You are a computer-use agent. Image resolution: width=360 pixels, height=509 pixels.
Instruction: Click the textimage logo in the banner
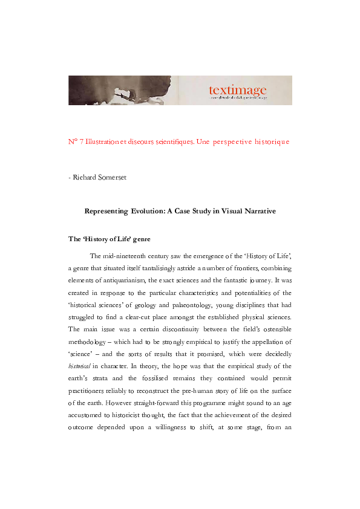[x=237, y=91]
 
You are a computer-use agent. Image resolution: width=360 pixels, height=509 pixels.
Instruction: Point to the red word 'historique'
[x=272, y=141]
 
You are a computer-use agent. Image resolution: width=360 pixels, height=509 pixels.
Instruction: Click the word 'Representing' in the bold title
[x=105, y=211]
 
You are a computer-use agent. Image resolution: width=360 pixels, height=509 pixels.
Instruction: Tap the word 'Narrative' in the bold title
[x=259, y=211]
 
